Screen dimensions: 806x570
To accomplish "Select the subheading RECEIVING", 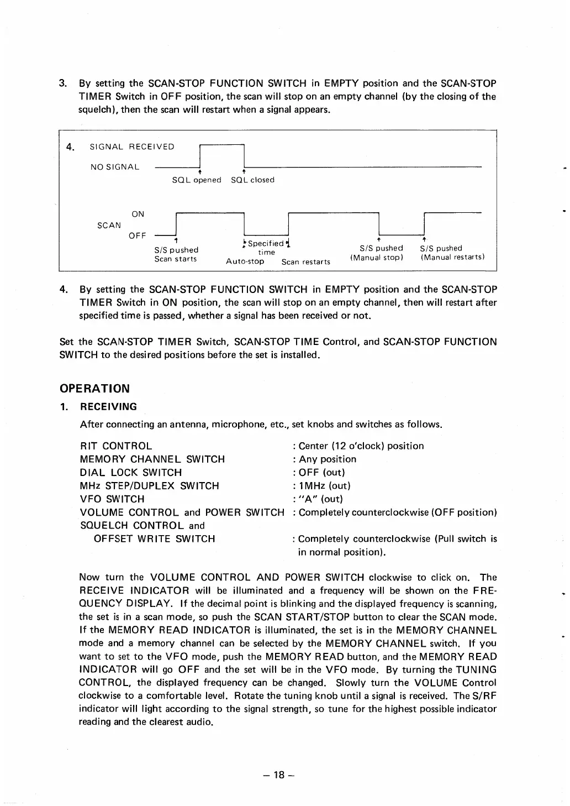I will pyautogui.click(x=108, y=407).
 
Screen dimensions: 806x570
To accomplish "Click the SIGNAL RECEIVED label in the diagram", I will pyautogui.click(x=132, y=146).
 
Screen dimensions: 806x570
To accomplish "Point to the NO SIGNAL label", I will pyautogui.click(x=115, y=166).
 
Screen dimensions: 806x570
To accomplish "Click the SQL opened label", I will pyautogui.click(x=197, y=180).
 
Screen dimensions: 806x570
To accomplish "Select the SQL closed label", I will pyautogui.click(x=252, y=180).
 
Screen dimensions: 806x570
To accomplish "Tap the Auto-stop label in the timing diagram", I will pyautogui.click(x=245, y=261).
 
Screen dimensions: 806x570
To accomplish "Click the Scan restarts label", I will pyautogui.click(x=305, y=262).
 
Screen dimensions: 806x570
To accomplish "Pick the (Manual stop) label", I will pyautogui.click(x=378, y=258).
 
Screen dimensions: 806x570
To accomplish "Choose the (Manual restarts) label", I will pyautogui.click(x=452, y=258).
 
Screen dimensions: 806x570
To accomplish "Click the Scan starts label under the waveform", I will pyautogui.click(x=175, y=259).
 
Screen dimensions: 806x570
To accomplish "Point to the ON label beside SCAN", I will pyautogui.click(x=138, y=214).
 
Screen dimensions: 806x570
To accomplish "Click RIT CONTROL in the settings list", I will pyautogui.click(x=116, y=446).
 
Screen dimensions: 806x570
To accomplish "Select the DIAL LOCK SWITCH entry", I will pyautogui.click(x=131, y=473).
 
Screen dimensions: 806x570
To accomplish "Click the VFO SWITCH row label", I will pyautogui.click(x=112, y=499).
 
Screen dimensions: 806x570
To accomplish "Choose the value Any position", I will pyautogui.click(x=328, y=459).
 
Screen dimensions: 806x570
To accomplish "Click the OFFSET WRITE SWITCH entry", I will pyautogui.click(x=154, y=539).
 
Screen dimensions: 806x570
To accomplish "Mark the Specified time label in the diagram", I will pyautogui.click(x=266, y=248).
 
